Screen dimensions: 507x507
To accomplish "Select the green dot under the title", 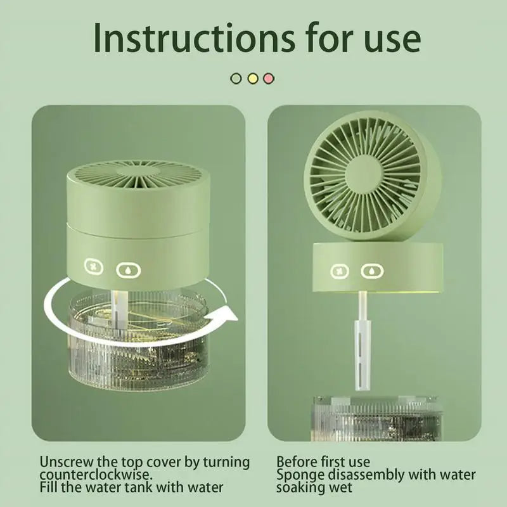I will click(236, 79).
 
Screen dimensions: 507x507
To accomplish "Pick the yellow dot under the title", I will click(252, 79).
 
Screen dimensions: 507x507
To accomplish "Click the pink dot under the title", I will click(269, 79).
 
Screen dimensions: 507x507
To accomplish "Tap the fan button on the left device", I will click(94, 267).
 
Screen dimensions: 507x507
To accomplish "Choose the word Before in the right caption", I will click(295, 462).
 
